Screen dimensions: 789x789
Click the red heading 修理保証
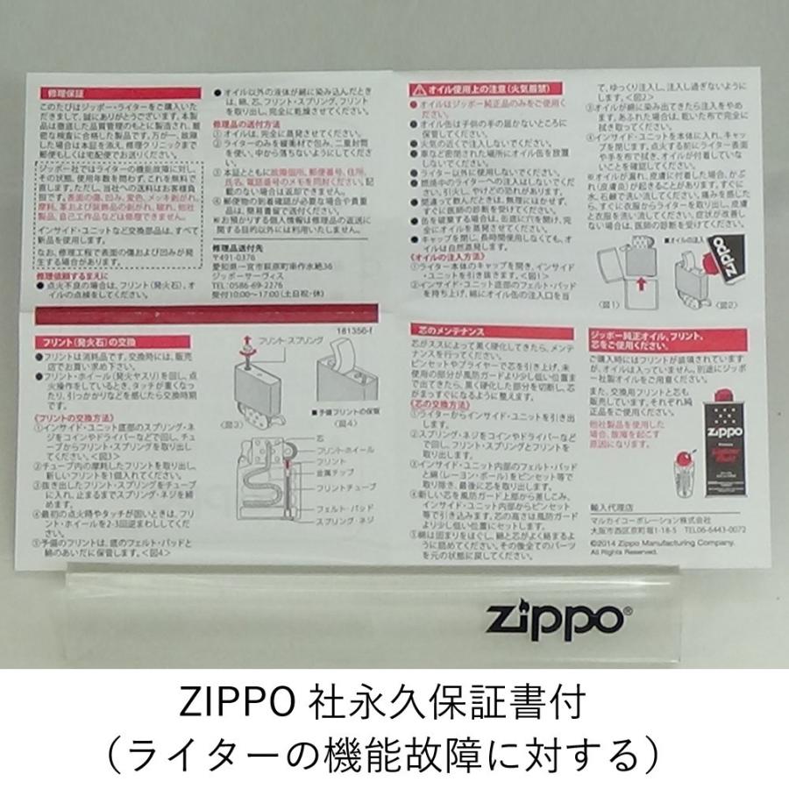61,91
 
